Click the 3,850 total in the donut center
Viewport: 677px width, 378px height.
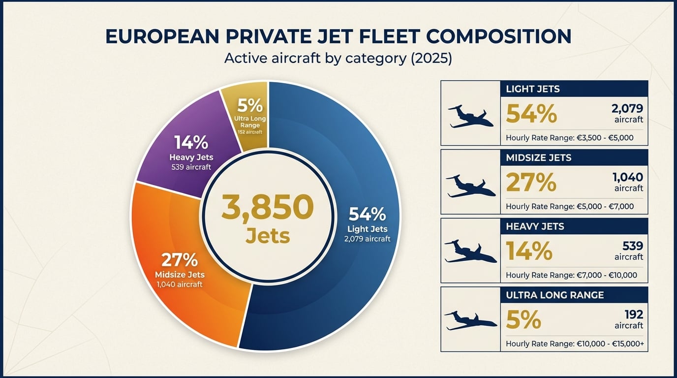pos(267,207)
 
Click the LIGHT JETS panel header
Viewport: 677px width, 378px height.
pos(573,89)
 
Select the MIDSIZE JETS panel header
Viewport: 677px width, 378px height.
pos(573,158)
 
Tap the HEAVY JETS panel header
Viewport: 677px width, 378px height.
pos(573,227)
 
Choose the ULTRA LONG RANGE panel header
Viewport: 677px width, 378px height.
pos(573,295)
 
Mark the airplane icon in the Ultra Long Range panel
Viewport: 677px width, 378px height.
pos(470,321)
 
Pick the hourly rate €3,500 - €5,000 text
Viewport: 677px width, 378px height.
pos(569,138)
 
